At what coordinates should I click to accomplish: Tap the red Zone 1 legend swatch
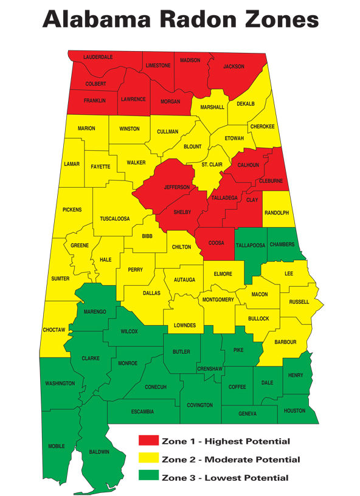149,441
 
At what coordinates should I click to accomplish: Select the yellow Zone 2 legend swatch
149,459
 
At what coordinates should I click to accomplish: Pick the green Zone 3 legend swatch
149,477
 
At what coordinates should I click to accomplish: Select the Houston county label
295,411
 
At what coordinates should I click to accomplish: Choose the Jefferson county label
177,187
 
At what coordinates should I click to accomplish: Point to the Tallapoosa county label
250,244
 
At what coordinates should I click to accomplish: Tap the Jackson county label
234,66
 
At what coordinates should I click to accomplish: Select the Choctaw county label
54,329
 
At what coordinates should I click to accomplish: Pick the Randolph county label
277,213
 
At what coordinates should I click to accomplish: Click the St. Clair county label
213,165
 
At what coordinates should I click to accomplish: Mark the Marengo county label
95,311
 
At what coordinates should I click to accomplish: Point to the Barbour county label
285,342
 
